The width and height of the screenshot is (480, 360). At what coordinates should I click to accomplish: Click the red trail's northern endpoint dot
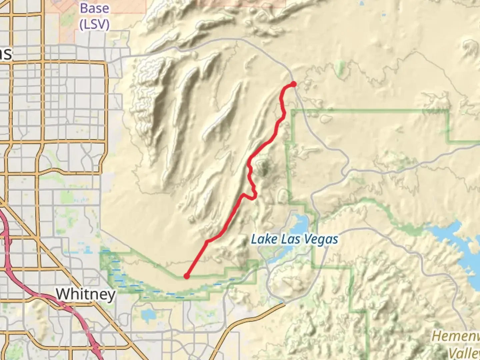tap(293, 84)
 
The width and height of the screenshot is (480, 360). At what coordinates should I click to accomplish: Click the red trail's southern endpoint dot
tap(187, 276)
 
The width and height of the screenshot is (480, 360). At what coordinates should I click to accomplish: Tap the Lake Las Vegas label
tap(294, 239)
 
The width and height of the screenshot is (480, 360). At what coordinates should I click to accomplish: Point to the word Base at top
tap(94, 9)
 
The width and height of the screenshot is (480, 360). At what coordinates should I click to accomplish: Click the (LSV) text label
tap(94, 24)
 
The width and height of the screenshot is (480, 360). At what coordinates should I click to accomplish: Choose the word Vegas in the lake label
tap(321, 239)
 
